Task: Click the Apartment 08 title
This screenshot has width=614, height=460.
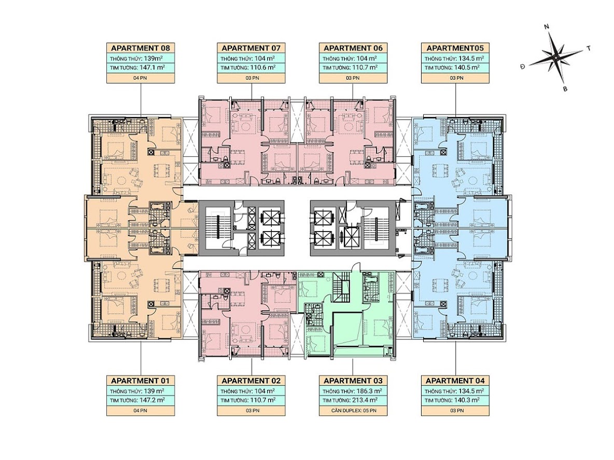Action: pos(140,48)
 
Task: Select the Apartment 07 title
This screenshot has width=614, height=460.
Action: pos(251,48)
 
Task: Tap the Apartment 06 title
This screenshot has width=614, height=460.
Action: pos(353,48)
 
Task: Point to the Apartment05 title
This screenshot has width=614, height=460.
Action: pos(455,48)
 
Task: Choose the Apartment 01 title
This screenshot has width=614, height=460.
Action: pos(140,381)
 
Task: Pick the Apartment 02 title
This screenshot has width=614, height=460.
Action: pos(251,381)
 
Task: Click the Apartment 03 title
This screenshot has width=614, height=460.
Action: pos(353,381)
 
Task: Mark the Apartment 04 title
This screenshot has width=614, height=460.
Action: pos(455,381)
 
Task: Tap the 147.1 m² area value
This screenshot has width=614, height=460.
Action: pos(152,67)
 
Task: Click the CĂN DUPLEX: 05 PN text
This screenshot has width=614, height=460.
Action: pos(353,411)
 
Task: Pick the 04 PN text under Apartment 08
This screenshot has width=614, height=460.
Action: pos(140,78)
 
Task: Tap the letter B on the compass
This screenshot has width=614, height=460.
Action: pos(565,89)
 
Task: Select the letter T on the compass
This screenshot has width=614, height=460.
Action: pos(588,49)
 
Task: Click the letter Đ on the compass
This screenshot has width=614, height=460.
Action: pos(523,66)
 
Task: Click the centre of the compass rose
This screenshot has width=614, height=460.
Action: pos(555,57)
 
